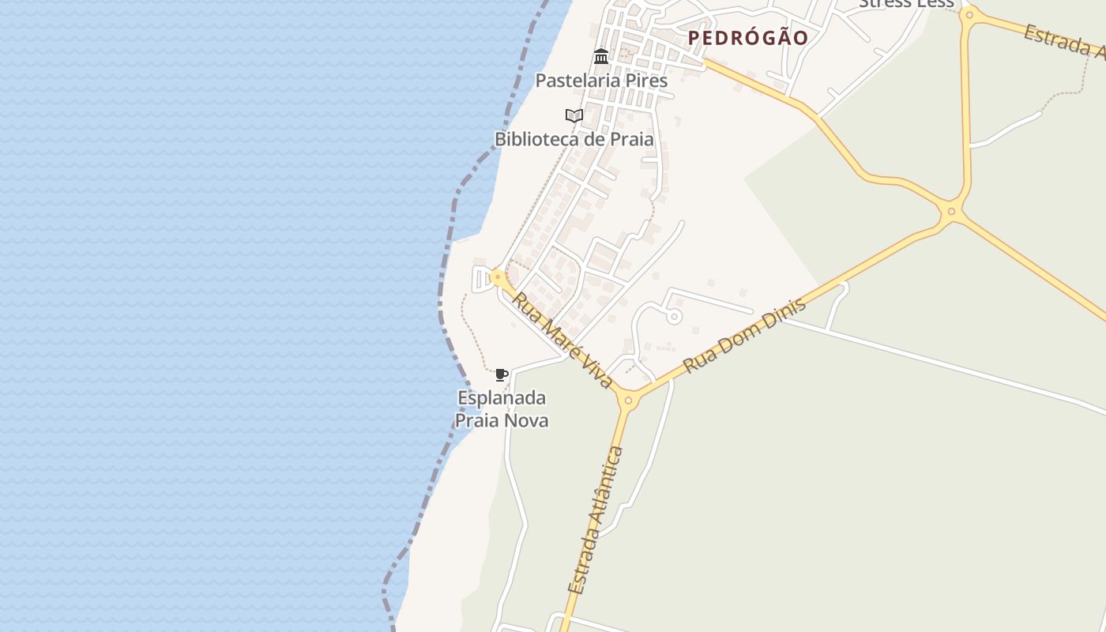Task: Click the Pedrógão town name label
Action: click(x=747, y=38)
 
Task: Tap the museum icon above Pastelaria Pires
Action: click(x=601, y=57)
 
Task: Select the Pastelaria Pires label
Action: click(x=601, y=81)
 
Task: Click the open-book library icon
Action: click(x=574, y=115)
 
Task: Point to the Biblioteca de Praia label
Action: click(x=574, y=139)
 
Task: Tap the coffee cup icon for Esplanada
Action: click(x=501, y=374)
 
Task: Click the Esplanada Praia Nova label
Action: click(x=502, y=408)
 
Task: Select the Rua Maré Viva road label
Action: click(x=562, y=340)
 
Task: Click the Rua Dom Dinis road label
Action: click(x=744, y=336)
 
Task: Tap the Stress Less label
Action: click(x=906, y=3)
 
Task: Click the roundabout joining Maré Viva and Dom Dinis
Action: click(x=628, y=401)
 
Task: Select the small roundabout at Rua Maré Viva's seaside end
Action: click(x=498, y=277)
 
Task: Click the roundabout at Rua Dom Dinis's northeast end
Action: click(x=951, y=211)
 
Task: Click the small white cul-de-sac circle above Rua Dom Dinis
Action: click(x=674, y=316)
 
